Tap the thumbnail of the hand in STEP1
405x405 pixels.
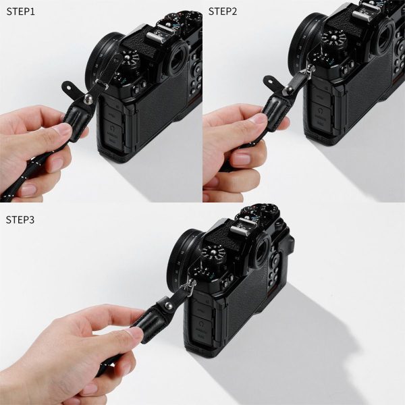point(63,129)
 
